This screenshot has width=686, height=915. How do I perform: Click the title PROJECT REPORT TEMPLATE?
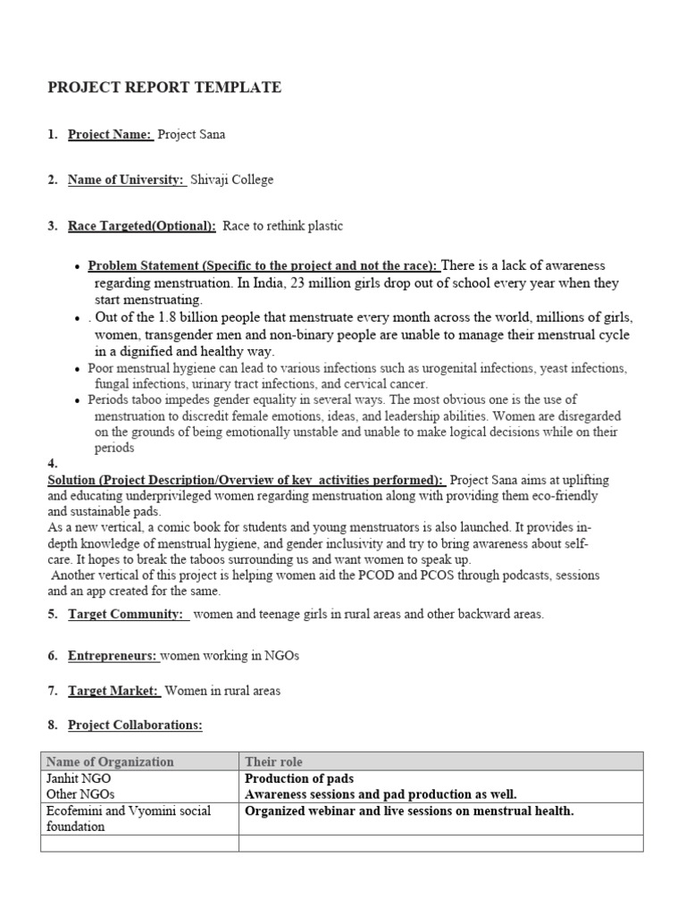[x=163, y=88]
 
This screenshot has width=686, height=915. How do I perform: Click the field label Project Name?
[x=110, y=135]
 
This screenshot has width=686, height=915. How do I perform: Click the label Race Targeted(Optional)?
[x=141, y=227]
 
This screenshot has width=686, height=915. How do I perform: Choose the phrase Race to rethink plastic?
[x=282, y=227]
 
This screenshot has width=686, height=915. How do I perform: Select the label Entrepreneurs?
[x=113, y=656]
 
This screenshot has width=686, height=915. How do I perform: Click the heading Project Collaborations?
[x=135, y=725]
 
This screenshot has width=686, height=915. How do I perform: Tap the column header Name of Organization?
[x=110, y=762]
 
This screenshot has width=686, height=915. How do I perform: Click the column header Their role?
[x=274, y=762]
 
